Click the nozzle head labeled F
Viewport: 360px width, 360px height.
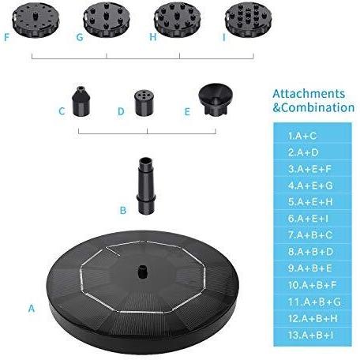click(x=36, y=21)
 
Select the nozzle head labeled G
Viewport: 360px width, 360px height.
click(x=107, y=20)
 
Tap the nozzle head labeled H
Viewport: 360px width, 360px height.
click(x=177, y=20)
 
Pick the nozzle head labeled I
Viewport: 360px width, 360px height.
click(x=248, y=20)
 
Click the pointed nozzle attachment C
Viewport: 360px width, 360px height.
click(x=81, y=101)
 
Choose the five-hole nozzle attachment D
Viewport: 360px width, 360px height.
click(x=144, y=103)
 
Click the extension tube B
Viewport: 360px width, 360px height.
click(x=146, y=186)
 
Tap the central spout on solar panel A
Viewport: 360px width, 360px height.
click(x=142, y=272)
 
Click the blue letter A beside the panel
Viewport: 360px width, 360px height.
click(x=32, y=308)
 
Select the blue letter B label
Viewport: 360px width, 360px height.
click(x=123, y=210)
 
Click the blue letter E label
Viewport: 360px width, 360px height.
click(x=187, y=112)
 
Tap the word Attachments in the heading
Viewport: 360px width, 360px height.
click(x=309, y=94)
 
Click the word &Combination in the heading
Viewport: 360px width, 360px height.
click(x=313, y=108)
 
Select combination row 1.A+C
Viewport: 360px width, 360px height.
click(x=302, y=136)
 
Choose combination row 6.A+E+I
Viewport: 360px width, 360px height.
click(x=308, y=219)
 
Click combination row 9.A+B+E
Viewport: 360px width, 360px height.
click(x=309, y=268)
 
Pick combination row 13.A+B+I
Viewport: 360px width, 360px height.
click(x=310, y=335)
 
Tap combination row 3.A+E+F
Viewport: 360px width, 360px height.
click(x=309, y=169)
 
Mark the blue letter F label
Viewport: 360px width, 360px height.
click(x=6, y=37)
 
